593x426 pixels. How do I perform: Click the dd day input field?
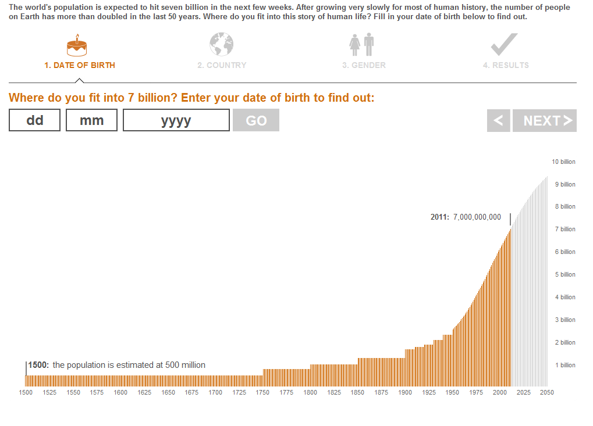click(x=34, y=120)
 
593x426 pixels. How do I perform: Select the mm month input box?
click(x=91, y=120)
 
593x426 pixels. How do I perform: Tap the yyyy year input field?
click(x=176, y=120)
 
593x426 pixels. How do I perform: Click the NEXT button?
click(x=544, y=120)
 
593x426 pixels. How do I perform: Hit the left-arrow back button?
click(x=498, y=120)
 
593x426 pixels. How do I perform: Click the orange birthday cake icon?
click(x=77, y=45)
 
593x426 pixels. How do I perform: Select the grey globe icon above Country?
click(x=221, y=45)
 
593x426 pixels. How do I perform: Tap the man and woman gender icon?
click(x=361, y=45)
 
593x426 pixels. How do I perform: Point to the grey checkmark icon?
click(x=504, y=45)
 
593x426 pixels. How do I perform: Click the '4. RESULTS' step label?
click(x=506, y=65)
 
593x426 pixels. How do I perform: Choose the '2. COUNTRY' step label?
click(x=222, y=65)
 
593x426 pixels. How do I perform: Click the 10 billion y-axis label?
click(x=563, y=162)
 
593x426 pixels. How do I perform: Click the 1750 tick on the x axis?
click(x=262, y=392)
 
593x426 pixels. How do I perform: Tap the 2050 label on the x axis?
click(x=546, y=392)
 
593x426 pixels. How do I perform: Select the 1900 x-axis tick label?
click(x=404, y=392)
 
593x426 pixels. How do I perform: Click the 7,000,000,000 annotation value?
click(x=477, y=217)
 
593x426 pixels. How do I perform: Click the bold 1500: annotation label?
click(x=38, y=365)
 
